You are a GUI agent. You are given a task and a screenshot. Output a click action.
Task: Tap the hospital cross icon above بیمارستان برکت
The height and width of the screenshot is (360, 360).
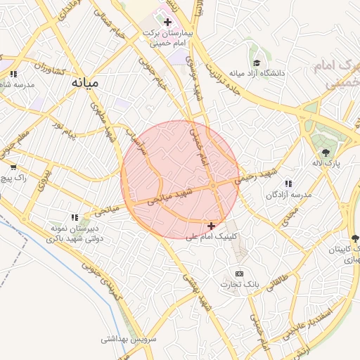click(x=167, y=22)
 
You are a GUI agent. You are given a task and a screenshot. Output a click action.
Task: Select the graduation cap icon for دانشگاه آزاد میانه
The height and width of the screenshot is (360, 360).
click(x=256, y=63)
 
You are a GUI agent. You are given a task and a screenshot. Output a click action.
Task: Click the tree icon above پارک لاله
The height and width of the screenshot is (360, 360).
click(x=326, y=152)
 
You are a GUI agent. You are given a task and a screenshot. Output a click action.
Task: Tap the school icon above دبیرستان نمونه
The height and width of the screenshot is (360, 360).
click(x=75, y=217)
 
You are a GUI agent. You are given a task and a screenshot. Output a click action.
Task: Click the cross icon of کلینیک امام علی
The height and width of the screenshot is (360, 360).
click(x=212, y=226)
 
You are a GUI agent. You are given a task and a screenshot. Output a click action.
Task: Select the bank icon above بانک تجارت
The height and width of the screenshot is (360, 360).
click(x=239, y=274)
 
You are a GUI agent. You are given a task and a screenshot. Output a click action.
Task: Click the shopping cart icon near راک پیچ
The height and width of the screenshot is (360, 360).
click(x=13, y=167)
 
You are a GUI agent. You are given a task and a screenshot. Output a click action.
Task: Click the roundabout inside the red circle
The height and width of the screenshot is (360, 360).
click(x=212, y=185)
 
